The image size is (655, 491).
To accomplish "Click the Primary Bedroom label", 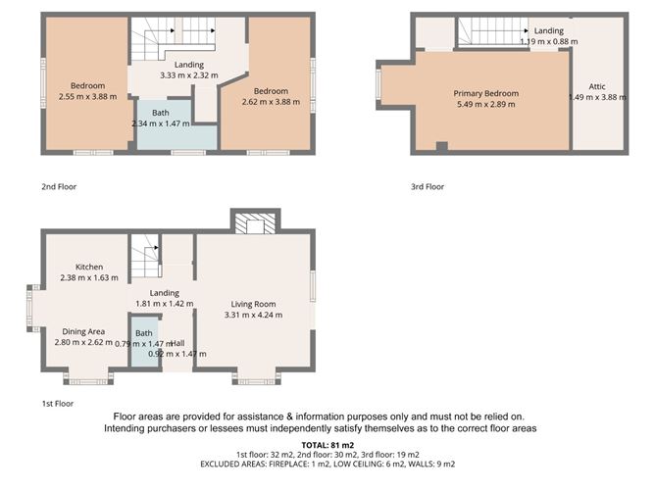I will (x=485, y=93).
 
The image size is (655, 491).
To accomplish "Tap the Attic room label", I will (x=597, y=86).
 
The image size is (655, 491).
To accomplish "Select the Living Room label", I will (x=253, y=303).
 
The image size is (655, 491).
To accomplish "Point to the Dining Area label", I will (x=83, y=331).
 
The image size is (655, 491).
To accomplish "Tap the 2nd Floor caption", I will (x=58, y=186).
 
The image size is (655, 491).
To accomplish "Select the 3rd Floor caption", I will (x=427, y=186).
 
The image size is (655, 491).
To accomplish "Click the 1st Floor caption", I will (x=56, y=403).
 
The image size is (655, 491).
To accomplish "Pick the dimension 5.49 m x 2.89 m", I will (x=485, y=104).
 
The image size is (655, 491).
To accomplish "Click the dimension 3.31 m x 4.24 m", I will (x=253, y=315).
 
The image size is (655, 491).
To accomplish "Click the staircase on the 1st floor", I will (x=145, y=260).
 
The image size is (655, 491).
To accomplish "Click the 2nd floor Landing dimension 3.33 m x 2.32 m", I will (x=189, y=75).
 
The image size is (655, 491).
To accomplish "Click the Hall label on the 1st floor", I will (x=178, y=342).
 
